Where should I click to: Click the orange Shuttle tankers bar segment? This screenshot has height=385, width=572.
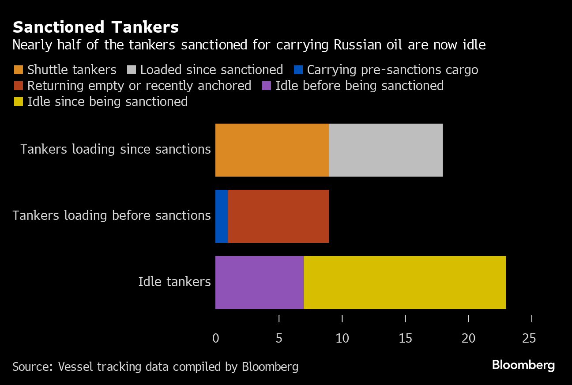pos(272,150)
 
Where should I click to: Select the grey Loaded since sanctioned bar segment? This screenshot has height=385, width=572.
pos(386,150)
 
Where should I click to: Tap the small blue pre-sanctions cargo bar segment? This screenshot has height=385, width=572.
pos(222,216)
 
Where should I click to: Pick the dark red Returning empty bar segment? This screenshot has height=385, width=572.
pos(278,216)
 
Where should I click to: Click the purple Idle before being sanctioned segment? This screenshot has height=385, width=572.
pos(260,283)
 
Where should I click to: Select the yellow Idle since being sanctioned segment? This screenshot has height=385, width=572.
pos(405,283)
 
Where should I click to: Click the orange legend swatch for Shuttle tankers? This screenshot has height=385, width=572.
pos(18,70)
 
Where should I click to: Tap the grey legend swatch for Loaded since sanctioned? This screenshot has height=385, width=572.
pos(131,70)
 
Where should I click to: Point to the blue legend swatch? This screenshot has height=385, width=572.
pos(298,70)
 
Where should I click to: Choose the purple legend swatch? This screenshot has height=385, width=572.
pos(266,86)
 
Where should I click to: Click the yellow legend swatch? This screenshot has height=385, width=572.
pos(18,102)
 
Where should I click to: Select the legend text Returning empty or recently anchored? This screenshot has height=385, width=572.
pos(139,86)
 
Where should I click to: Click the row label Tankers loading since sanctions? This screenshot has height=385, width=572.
pos(116,149)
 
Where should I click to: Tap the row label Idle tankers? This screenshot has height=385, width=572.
pos(174,282)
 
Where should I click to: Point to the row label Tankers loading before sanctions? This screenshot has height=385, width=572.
pos(112,215)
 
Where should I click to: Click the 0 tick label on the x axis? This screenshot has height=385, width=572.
pos(215,339)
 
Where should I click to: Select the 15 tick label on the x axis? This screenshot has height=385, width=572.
pos(405,339)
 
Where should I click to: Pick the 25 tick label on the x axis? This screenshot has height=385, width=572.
pos(529,339)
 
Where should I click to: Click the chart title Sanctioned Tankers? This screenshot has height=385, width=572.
pos(96,27)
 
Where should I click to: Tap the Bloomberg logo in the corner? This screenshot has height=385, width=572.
pos(523,365)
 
